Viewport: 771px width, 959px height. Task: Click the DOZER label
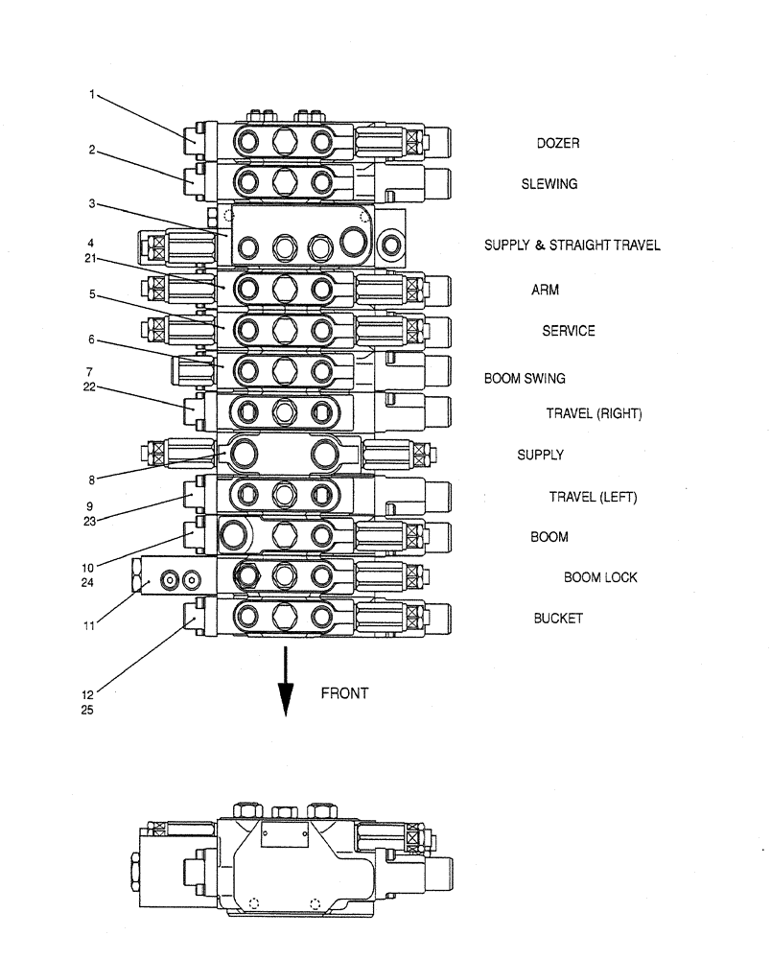pyautogui.click(x=557, y=144)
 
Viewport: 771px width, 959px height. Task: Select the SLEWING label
pyautogui.click(x=549, y=184)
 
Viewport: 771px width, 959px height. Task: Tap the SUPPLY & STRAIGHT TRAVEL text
pyautogui.click(x=572, y=246)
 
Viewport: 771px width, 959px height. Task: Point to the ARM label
pyautogui.click(x=545, y=290)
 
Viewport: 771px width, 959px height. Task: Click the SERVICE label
pyautogui.click(x=568, y=331)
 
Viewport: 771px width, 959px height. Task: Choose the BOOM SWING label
pyautogui.click(x=525, y=379)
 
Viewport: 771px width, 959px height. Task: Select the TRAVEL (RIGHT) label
pyautogui.click(x=594, y=414)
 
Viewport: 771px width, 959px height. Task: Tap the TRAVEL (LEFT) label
pyautogui.click(x=593, y=497)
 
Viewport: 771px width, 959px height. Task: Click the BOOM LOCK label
pyautogui.click(x=600, y=577)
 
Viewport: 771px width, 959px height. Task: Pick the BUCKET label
pyautogui.click(x=558, y=619)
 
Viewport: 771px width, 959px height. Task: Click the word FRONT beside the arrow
pyautogui.click(x=344, y=693)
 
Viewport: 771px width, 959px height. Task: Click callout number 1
pyautogui.click(x=92, y=94)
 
